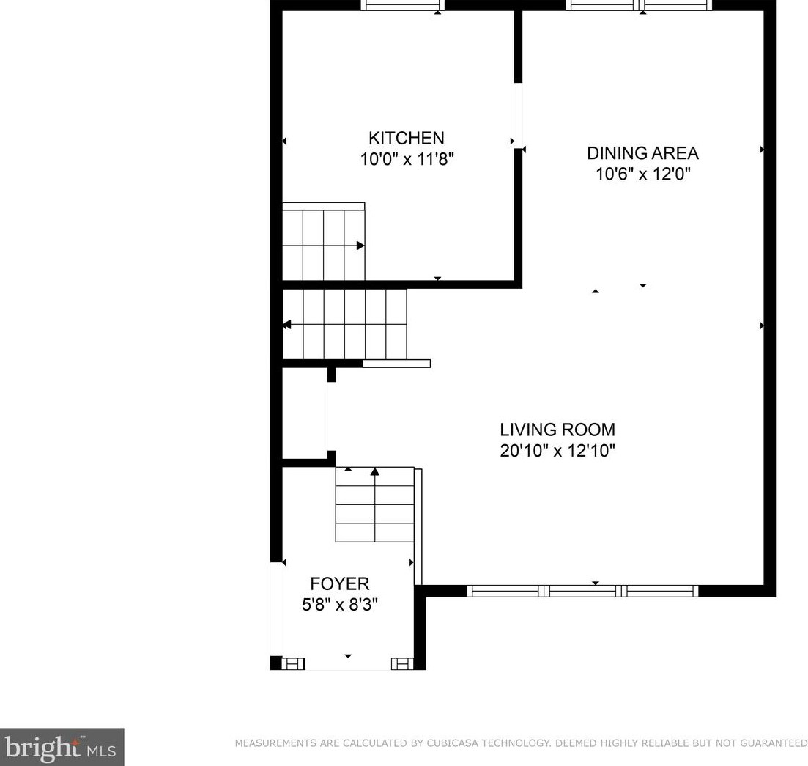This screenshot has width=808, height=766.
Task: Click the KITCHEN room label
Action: coord(406,138)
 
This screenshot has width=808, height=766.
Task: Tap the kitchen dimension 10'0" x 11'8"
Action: coord(407,159)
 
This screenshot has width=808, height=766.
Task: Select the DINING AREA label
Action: coord(642,153)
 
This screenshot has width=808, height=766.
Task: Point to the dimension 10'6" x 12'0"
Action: coord(642,174)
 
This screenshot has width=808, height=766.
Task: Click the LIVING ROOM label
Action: coord(557,430)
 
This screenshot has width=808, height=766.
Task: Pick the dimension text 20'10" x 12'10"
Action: coord(557,450)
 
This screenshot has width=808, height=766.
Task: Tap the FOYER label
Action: coord(339,583)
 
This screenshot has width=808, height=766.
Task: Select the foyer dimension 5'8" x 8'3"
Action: coord(339,605)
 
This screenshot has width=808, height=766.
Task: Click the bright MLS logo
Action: coord(62,747)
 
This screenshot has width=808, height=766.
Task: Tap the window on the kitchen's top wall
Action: coord(402,6)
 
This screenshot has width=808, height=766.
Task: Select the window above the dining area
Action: coord(638,6)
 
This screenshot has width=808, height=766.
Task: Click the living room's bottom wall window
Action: coord(582,591)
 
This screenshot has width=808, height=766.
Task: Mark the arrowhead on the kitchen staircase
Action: coord(360,246)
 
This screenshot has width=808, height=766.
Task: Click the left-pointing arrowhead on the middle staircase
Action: coord(286,324)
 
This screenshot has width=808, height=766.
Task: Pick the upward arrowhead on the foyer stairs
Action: coord(374,471)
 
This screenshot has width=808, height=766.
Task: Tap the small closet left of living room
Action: coord(304,414)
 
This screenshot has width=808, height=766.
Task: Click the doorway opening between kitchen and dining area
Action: coord(518,116)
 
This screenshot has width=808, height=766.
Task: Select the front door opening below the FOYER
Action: coord(348,664)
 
